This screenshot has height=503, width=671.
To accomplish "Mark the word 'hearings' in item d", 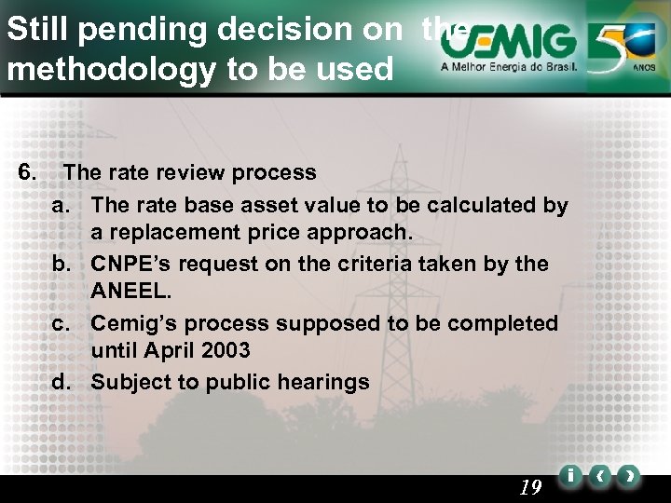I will [326, 382].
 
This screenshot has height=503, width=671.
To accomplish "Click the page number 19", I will [528, 487].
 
